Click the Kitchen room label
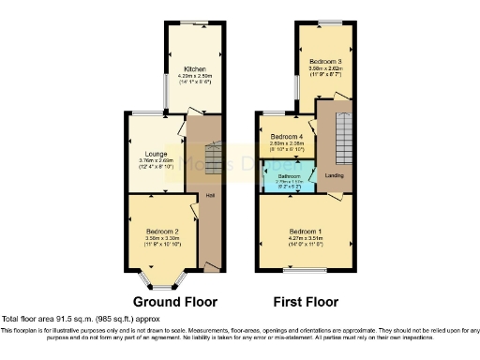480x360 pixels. [195, 69]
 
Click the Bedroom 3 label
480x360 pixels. [327, 62]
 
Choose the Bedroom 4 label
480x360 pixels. [288, 137]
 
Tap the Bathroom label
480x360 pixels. [289, 175]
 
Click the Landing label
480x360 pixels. [334, 174]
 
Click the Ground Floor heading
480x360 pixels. [174, 302]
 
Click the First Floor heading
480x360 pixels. [306, 302]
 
